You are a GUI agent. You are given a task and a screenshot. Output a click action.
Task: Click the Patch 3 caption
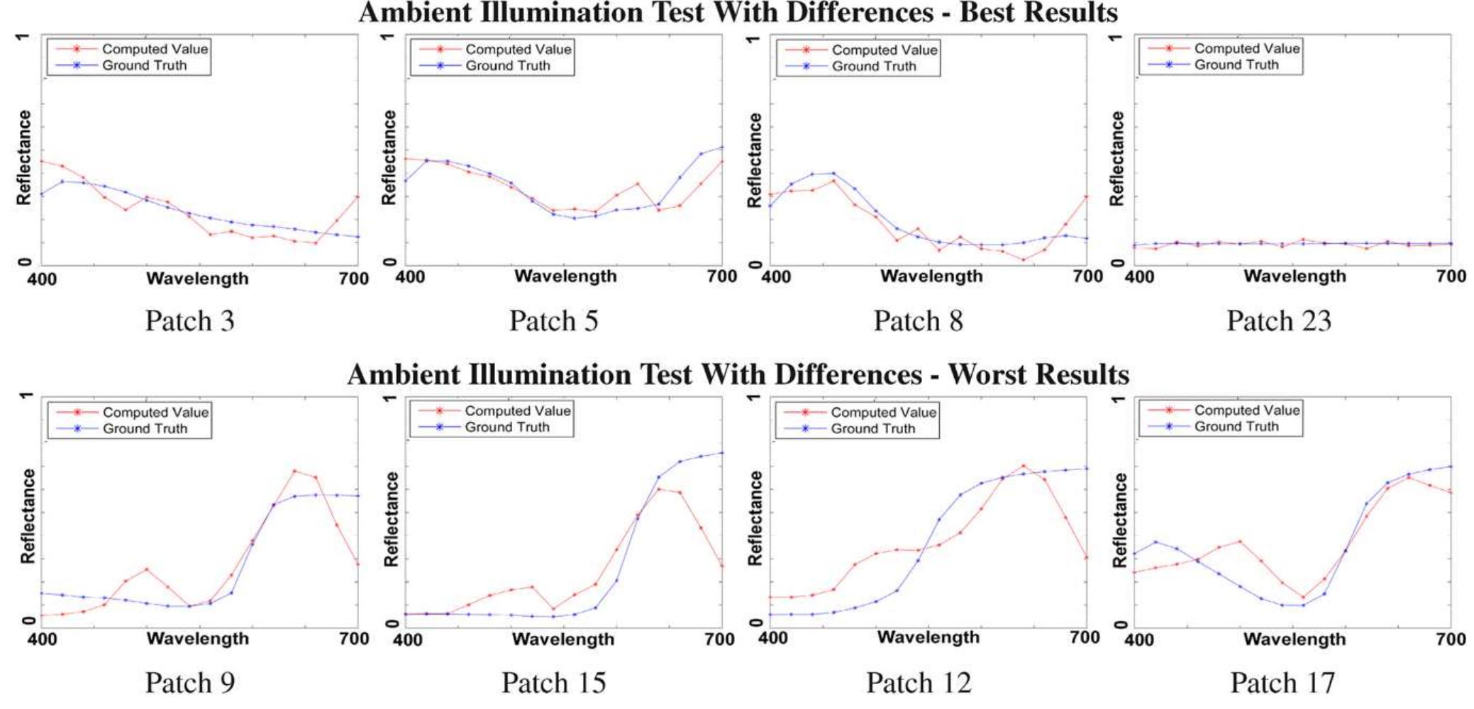(189, 320)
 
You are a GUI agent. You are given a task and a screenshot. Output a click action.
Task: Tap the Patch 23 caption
(1279, 320)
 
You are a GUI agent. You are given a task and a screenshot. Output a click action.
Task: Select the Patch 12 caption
(918, 683)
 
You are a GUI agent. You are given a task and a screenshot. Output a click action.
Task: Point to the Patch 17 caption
(1282, 683)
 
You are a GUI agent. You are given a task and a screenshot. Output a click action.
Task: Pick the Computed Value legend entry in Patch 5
(517, 49)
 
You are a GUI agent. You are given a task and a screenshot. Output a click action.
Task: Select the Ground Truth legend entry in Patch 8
(873, 66)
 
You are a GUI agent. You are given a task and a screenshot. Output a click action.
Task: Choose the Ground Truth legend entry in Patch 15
(506, 427)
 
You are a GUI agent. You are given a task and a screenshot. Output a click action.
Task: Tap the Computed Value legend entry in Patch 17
(1246, 410)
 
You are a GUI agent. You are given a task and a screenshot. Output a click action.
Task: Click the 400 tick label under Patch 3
(42, 279)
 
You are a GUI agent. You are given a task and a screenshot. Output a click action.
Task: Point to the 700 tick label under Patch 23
(1451, 277)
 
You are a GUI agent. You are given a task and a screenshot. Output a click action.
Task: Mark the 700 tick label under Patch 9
(354, 639)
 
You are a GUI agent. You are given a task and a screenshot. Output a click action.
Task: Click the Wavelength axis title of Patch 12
(928, 637)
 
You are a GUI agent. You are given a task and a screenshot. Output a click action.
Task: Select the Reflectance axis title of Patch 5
(389, 157)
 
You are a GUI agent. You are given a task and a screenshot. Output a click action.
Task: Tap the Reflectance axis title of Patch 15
(391, 519)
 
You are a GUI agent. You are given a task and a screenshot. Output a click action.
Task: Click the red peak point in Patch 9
(294, 471)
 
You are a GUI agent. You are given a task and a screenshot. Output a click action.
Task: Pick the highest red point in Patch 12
(1024, 466)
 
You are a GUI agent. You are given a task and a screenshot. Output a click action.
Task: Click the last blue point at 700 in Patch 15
(722, 452)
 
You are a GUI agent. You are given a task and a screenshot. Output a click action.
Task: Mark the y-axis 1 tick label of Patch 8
(754, 38)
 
